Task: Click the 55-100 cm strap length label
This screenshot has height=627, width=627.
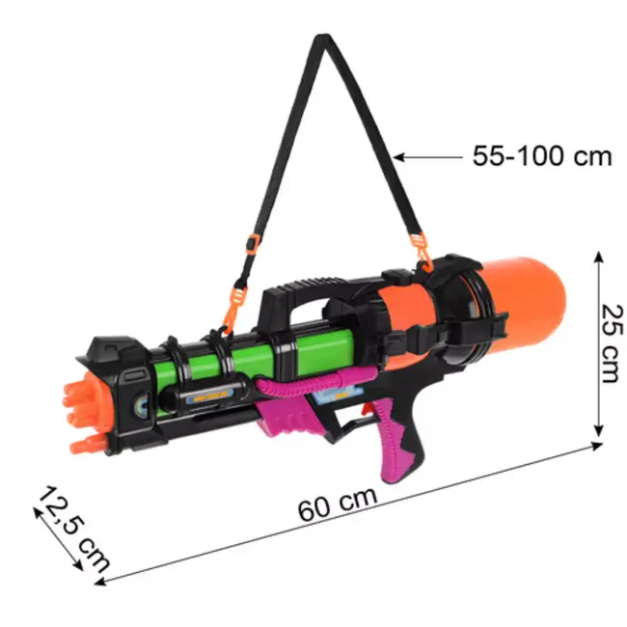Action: pyautogui.click(x=541, y=156)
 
